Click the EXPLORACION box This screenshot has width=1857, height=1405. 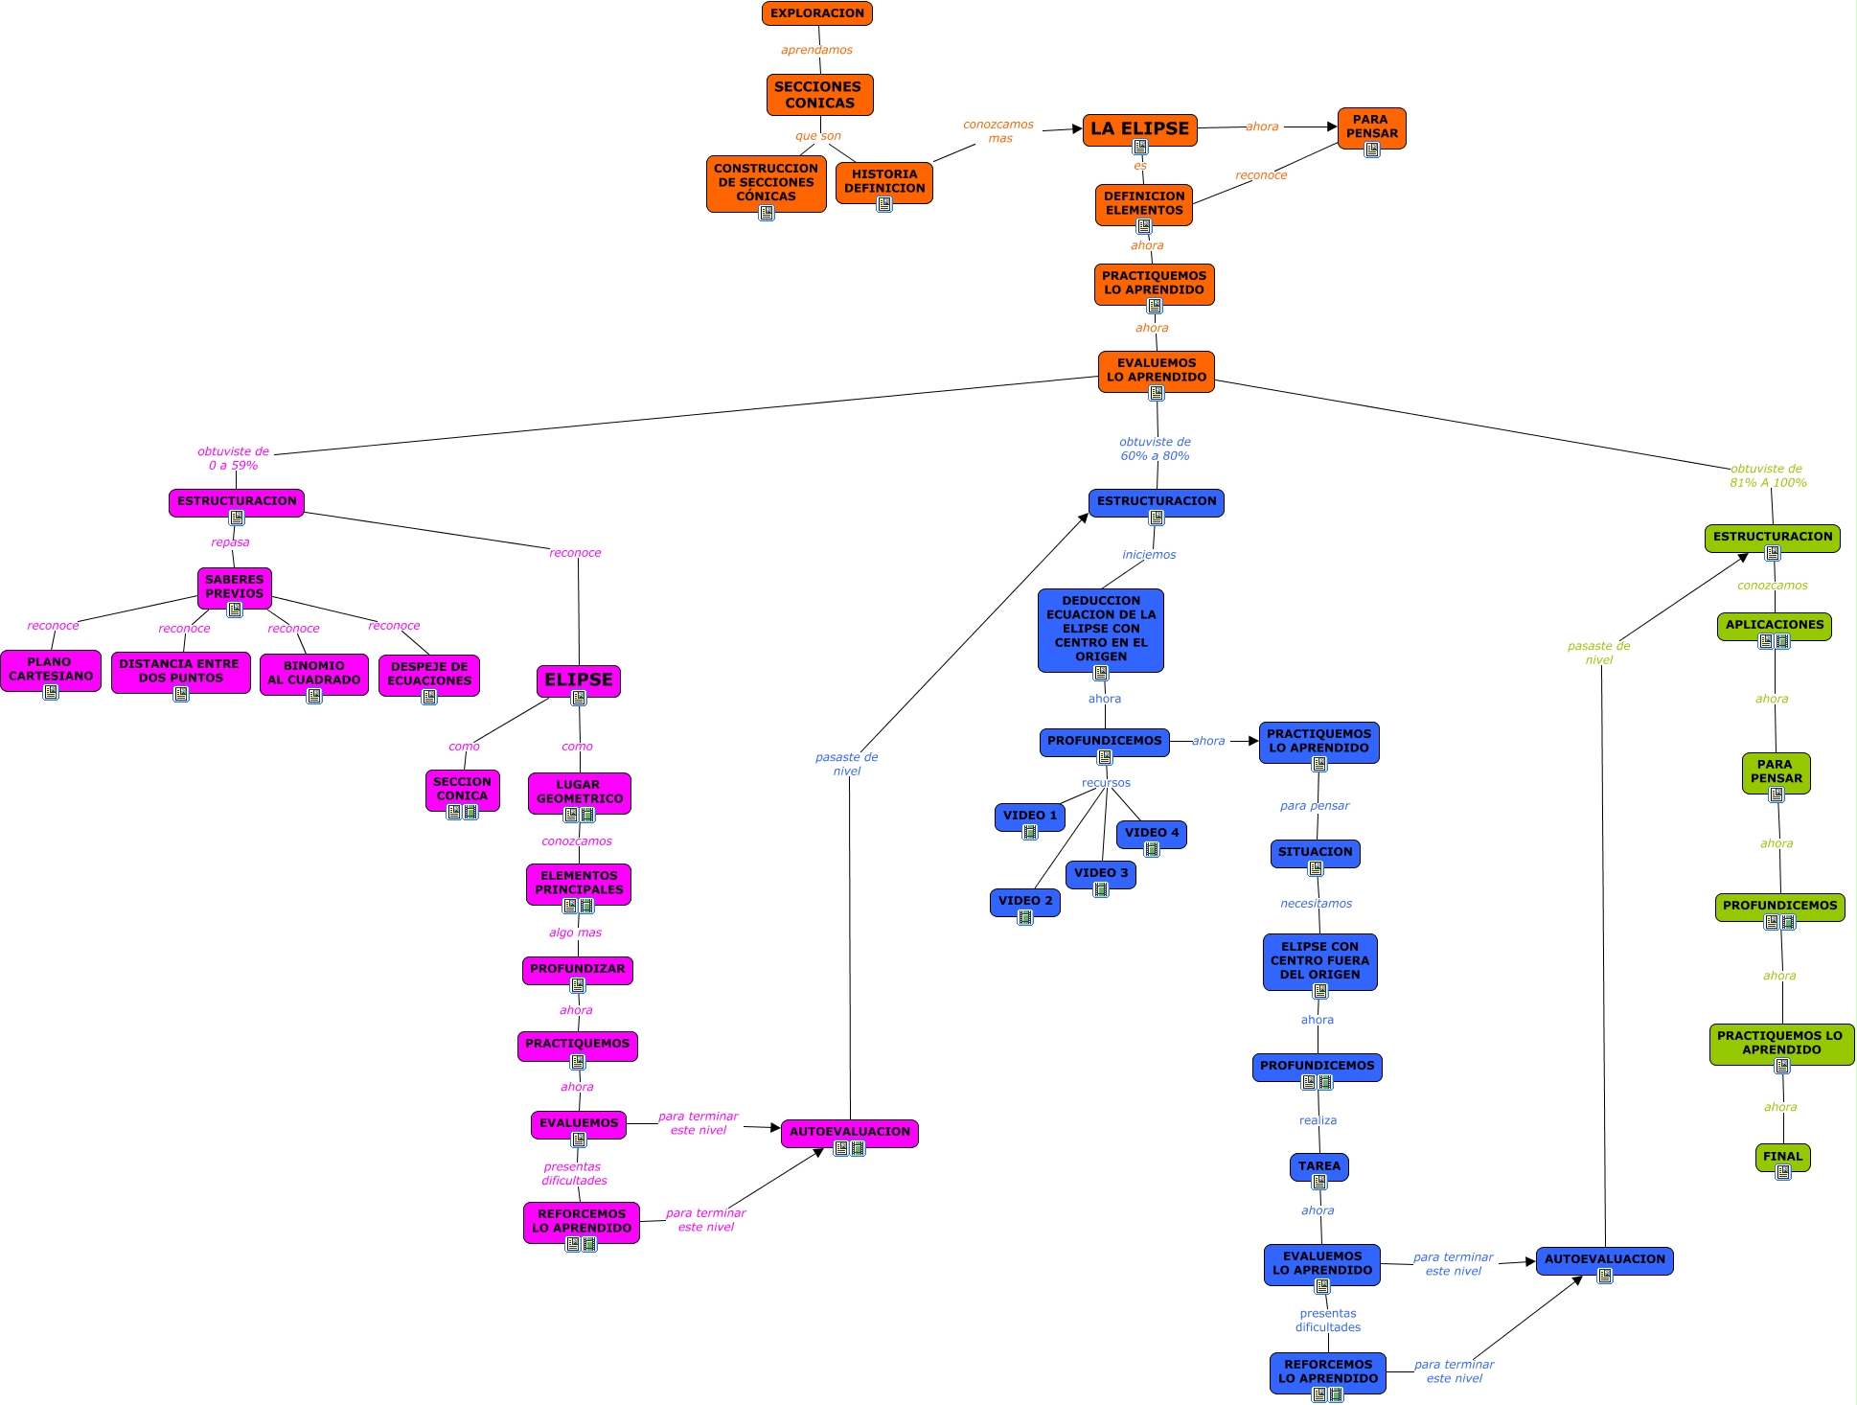click(816, 13)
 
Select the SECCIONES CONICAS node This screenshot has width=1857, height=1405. click(819, 95)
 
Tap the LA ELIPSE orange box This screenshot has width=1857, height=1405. click(1139, 128)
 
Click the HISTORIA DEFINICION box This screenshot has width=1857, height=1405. click(883, 181)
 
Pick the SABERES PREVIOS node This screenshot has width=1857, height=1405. click(234, 587)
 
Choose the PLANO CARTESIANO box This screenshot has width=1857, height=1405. click(51, 669)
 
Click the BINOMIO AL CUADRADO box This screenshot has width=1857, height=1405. click(313, 673)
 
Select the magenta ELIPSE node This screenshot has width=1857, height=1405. click(578, 679)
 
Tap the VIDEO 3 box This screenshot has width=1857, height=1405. click(1100, 873)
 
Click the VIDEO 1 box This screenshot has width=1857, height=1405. click(1029, 816)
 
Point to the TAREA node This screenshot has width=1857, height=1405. click(1318, 1166)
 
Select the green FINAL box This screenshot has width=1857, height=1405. click(1782, 1156)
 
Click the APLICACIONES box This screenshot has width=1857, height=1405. click(1774, 625)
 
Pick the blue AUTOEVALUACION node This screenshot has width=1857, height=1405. click(1604, 1259)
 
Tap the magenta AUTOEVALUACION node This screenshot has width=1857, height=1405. click(849, 1132)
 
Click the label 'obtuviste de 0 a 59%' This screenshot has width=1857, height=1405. click(233, 458)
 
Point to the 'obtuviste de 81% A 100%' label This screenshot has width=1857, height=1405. click(1767, 475)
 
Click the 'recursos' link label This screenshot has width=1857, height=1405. click(1106, 783)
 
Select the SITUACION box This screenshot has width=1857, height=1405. click(1315, 852)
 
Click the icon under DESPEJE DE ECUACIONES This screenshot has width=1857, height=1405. click(429, 697)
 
